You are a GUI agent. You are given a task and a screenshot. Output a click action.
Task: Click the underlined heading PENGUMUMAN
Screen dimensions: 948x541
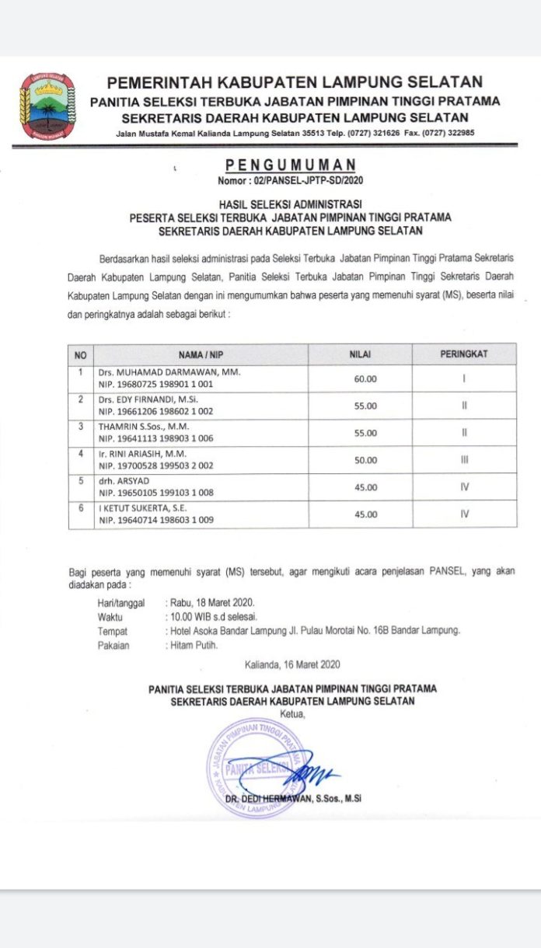click(x=291, y=165)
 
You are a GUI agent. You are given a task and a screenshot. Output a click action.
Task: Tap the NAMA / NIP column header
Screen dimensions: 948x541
click(x=200, y=354)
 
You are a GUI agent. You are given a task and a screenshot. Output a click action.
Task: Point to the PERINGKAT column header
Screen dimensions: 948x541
click(x=464, y=354)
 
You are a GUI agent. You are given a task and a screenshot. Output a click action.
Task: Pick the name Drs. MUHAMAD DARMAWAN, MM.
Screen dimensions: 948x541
click(x=169, y=372)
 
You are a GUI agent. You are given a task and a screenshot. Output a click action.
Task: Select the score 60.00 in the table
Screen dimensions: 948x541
click(x=365, y=378)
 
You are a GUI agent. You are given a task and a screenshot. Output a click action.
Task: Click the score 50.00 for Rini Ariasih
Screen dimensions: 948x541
click(x=365, y=460)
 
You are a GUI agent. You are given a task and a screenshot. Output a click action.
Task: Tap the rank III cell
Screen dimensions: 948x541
click(x=464, y=460)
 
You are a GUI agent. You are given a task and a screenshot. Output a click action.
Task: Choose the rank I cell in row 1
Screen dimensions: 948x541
click(x=464, y=378)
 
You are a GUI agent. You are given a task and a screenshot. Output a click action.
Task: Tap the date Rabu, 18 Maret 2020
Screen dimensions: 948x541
click(x=209, y=602)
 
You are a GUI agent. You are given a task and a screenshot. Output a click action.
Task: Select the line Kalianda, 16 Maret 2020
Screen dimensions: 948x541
click(x=291, y=664)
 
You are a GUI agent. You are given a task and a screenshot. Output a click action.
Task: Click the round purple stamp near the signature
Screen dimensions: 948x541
click(x=253, y=765)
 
